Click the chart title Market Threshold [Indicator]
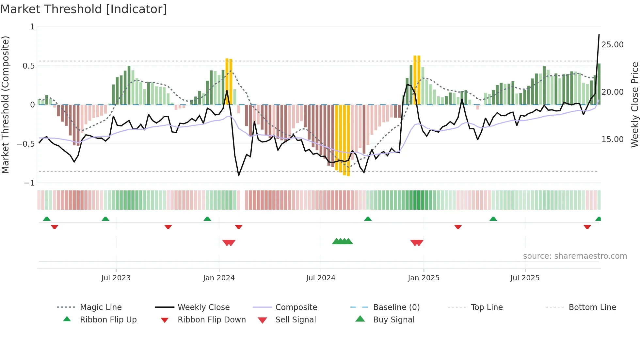(x=84, y=9)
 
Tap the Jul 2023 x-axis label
(x=116, y=278)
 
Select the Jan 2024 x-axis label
(x=219, y=278)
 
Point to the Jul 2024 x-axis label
(x=321, y=278)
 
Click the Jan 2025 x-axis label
(x=424, y=278)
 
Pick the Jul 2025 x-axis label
(x=525, y=278)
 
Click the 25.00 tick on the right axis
(x=612, y=45)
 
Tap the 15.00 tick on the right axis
(x=612, y=139)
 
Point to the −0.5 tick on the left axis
(x=26, y=144)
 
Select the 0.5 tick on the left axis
(x=28, y=66)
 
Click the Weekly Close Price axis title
(x=634, y=105)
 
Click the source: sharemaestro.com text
(x=575, y=256)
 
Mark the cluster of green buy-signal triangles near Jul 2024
(x=342, y=241)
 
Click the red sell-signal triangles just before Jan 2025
(x=417, y=242)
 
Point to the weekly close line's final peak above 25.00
(x=599, y=35)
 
